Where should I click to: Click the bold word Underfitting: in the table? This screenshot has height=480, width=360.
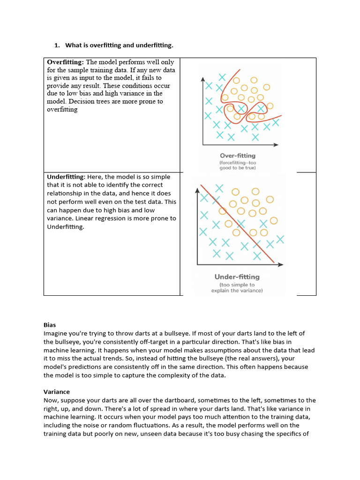pyautogui.click(x=66, y=177)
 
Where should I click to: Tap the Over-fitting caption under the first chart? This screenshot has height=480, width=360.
pyautogui.click(x=238, y=156)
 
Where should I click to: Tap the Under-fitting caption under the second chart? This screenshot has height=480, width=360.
pyautogui.click(x=237, y=277)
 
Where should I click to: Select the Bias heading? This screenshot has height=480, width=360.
pyautogui.click(x=50, y=325)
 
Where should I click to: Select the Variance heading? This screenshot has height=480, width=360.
pyautogui.click(x=57, y=392)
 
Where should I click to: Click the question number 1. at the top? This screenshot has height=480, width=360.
pyautogui.click(x=58, y=45)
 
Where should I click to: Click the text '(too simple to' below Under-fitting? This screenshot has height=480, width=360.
pyautogui.click(x=237, y=285)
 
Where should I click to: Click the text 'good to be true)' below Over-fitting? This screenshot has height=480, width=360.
pyautogui.click(x=238, y=168)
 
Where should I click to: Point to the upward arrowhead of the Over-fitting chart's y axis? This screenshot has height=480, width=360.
pyautogui.click(x=203, y=79)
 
